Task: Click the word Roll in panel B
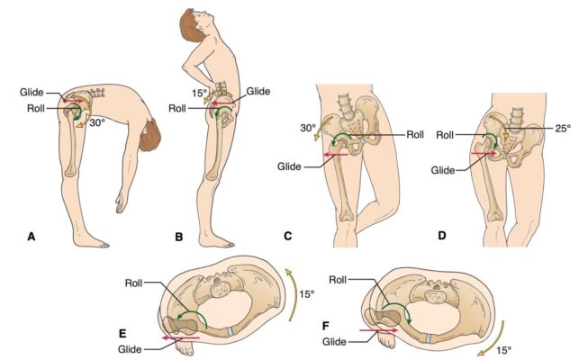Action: pyautogui.click(x=177, y=109)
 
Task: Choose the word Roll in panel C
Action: pyautogui.click(x=415, y=134)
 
